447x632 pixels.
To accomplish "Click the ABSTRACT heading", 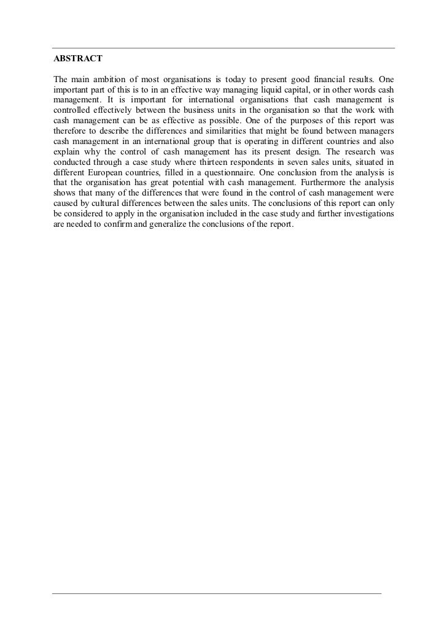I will [x=77, y=59].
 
